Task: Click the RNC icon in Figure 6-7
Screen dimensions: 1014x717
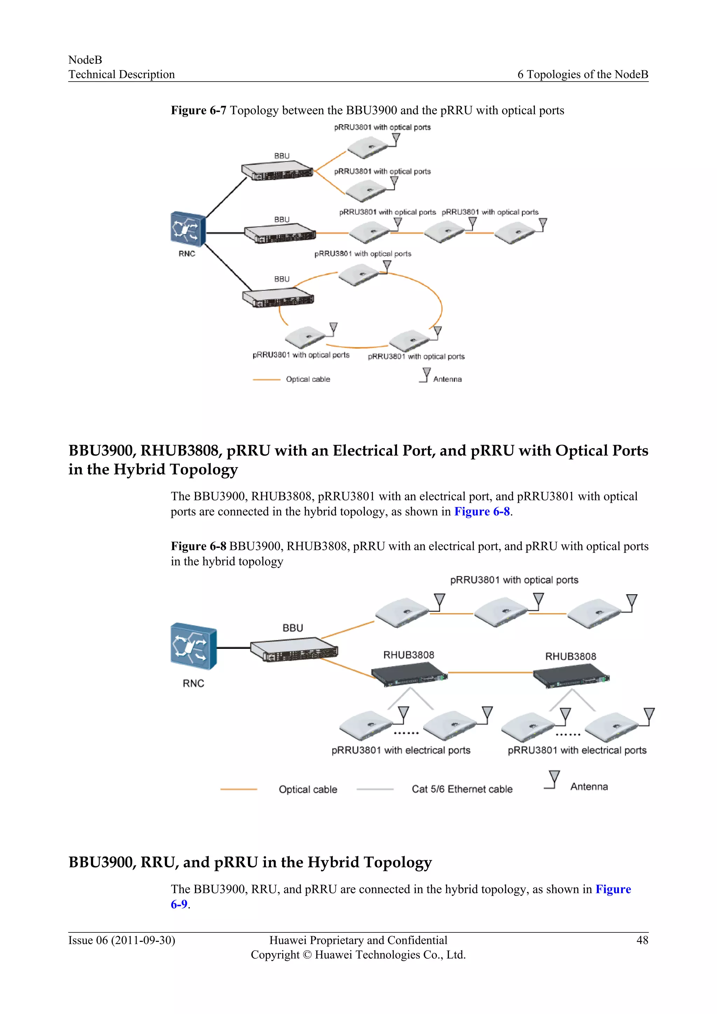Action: point(188,229)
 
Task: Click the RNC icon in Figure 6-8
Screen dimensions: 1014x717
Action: point(193,646)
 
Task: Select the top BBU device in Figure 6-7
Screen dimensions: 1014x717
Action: point(277,171)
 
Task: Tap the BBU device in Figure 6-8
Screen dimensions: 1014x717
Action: point(294,650)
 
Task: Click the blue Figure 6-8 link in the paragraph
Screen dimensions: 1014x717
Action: point(482,512)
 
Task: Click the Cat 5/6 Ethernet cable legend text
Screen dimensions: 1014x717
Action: point(462,789)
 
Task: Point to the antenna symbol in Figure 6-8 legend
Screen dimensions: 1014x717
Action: point(553,779)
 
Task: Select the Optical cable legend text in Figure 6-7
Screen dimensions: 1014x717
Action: point(308,379)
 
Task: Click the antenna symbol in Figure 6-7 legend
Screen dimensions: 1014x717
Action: point(425,375)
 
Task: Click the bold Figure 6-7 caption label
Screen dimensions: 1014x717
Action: point(198,110)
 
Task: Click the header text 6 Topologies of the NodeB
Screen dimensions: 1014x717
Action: point(582,74)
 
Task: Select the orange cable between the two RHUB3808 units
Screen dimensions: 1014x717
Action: point(490,672)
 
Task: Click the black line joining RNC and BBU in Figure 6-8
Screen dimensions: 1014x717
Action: point(233,648)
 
